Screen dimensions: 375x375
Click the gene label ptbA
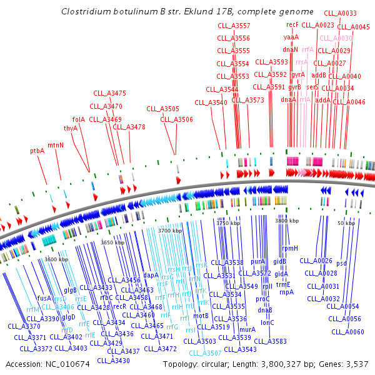pyautogui.click(x=37, y=151)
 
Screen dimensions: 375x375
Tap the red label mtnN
pyautogui.click(x=56, y=145)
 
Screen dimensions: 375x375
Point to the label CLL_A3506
pyautogui.click(x=177, y=119)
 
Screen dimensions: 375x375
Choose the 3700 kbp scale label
pyautogui.click(x=170, y=231)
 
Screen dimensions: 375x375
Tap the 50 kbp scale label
pyautogui.click(x=346, y=223)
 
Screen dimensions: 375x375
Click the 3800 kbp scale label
pyautogui.click(x=288, y=221)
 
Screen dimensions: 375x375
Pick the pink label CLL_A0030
pyautogui.click(x=336, y=39)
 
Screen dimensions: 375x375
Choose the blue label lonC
pyautogui.click(x=267, y=322)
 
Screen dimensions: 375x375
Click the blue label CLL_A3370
pyautogui.click(x=24, y=326)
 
